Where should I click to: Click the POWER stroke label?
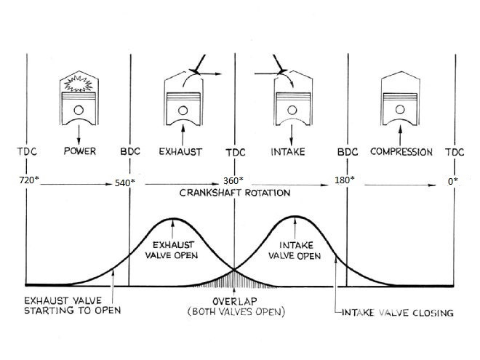tap(79, 151)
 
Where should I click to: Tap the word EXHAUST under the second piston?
tap(180, 152)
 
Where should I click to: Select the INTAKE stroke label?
tap(288, 152)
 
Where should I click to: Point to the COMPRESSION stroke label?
tap(401, 152)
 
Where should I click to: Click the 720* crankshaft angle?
tap(29, 180)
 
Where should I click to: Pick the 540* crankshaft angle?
tap(125, 183)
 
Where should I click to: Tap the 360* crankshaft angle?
tap(233, 180)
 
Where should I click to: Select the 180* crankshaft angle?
tap(345, 180)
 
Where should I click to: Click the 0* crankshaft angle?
tap(453, 181)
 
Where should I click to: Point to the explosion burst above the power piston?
tap(79, 84)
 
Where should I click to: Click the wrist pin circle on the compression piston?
tap(400, 110)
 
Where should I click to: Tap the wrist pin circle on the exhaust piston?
tap(183, 111)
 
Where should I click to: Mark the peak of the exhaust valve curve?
tap(173, 219)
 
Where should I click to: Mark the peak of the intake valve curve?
tap(295, 217)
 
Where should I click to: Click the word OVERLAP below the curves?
tap(235, 301)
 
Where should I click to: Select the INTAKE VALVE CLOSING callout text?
tap(397, 313)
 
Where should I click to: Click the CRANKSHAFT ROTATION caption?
tap(235, 193)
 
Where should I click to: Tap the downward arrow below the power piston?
tap(79, 135)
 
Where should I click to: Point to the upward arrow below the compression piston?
tap(400, 135)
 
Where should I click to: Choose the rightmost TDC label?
tap(455, 152)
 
